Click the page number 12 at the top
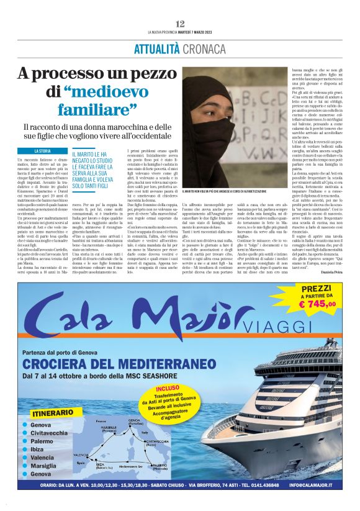click(x=180, y=23)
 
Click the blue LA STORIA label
click(x=42, y=151)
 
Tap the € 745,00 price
click(x=317, y=304)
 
